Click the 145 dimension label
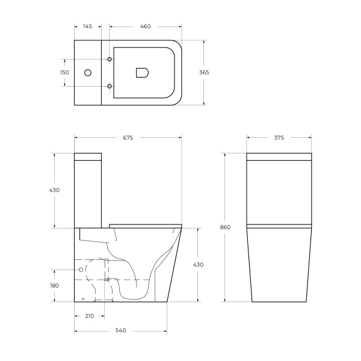[87, 26]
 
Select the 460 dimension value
[146, 26]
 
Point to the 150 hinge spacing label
[64, 72]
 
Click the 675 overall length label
[128, 138]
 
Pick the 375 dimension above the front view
[279, 138]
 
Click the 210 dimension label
[89, 316]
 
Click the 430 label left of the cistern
[55, 190]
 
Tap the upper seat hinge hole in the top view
[110, 59]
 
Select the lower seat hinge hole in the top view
[110, 86]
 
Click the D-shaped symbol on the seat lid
[143, 73]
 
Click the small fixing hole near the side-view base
[83, 299]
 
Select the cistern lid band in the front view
[279, 159]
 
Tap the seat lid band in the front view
[279, 227]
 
